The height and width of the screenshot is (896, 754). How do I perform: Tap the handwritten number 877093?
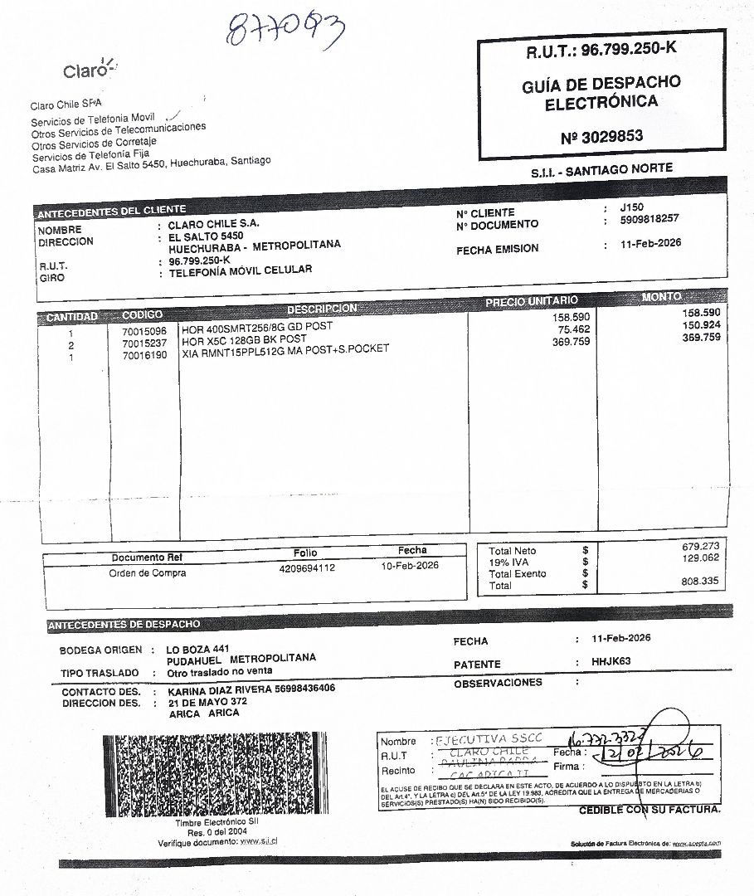click(x=285, y=31)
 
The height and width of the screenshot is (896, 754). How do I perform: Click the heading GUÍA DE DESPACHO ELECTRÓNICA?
click(x=601, y=93)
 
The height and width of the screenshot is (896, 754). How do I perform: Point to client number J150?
click(x=631, y=207)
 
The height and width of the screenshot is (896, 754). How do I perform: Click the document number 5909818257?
click(x=649, y=219)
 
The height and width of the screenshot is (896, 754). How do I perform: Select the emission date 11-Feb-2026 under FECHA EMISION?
click(x=650, y=245)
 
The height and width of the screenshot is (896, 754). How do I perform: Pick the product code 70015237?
click(x=144, y=343)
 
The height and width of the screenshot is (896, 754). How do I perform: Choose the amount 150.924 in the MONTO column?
click(x=701, y=325)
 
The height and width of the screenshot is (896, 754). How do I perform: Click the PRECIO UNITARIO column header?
click(x=532, y=301)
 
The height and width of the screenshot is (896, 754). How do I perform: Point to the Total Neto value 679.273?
click(x=700, y=547)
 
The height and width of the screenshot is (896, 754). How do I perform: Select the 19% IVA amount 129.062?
click(x=700, y=558)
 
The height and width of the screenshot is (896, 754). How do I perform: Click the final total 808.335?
click(x=700, y=582)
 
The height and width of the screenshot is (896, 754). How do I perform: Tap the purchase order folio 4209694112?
click(x=307, y=568)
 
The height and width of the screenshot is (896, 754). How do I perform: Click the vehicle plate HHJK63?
click(x=612, y=662)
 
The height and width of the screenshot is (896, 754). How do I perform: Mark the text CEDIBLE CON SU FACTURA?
click(x=649, y=810)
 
